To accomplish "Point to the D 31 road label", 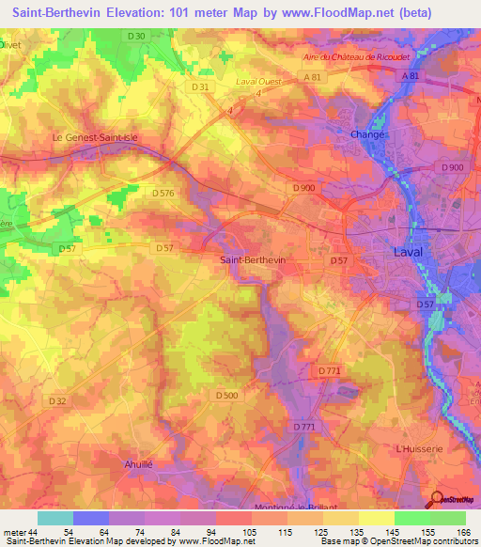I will coord(199,86).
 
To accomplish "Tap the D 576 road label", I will coord(163,193).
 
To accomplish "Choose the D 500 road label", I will coord(226,396).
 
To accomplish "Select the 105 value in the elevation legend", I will coord(250,532).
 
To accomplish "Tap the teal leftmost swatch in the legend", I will coord(54,518).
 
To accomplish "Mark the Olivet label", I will coord(8,43).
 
